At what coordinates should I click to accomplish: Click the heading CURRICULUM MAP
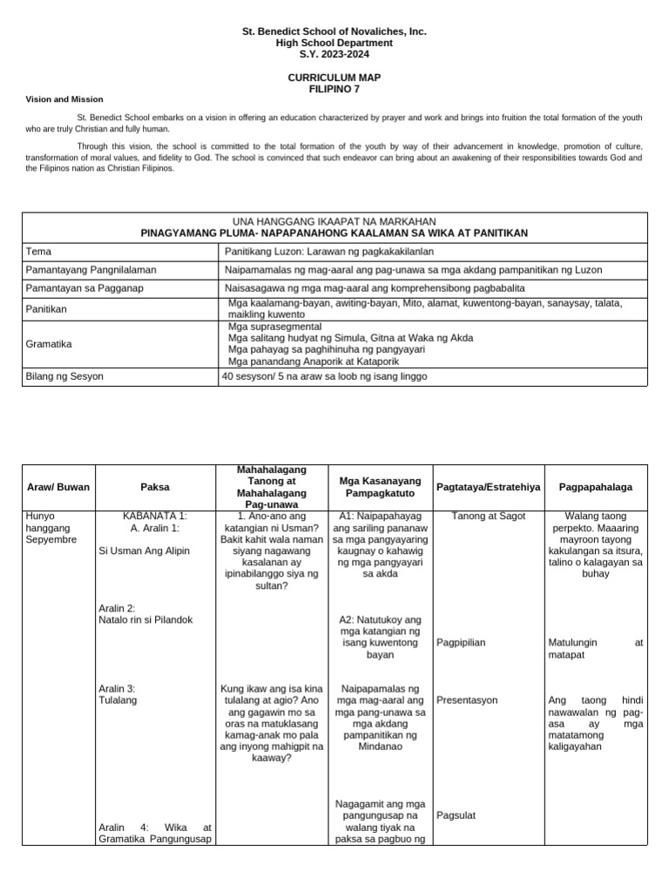click(x=334, y=78)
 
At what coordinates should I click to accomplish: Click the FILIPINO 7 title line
click(x=334, y=89)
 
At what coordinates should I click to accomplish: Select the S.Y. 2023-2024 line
click(x=334, y=54)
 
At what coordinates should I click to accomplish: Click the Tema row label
click(x=38, y=251)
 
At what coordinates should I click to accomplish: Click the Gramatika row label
click(x=49, y=344)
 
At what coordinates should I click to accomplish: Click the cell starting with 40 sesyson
click(x=325, y=376)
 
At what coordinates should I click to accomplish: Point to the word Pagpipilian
click(x=461, y=643)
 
